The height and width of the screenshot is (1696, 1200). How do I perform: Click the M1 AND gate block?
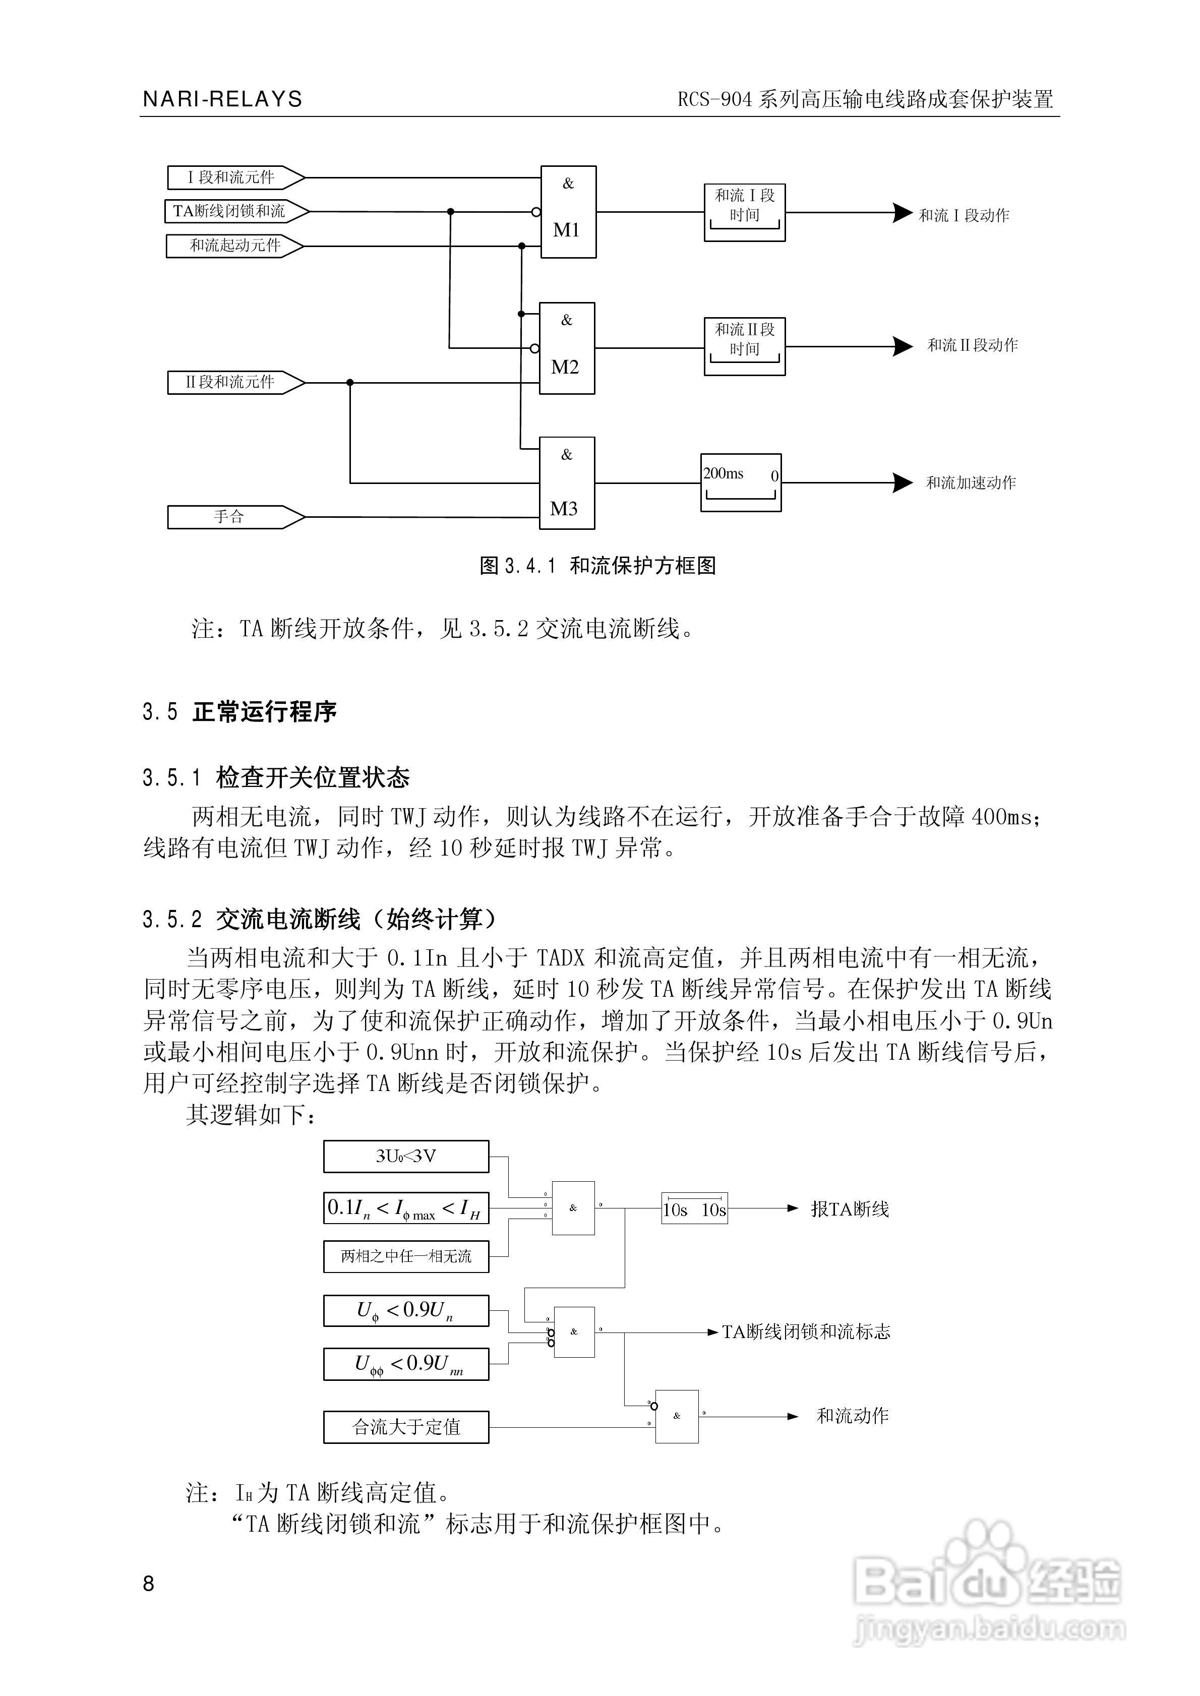click(568, 212)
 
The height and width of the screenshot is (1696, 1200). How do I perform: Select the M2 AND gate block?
click(567, 348)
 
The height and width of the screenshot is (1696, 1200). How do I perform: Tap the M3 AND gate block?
click(567, 483)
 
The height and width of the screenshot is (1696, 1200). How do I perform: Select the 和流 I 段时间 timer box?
click(744, 213)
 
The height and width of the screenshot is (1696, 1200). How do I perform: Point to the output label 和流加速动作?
click(971, 483)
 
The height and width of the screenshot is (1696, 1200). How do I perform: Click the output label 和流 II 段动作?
click(973, 345)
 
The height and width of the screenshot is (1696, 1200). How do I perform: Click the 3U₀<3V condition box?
click(406, 1156)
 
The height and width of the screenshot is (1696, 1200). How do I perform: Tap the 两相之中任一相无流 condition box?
click(406, 1256)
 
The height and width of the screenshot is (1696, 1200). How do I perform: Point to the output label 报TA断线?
click(850, 1209)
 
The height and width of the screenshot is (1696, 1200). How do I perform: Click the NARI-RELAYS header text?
click(222, 99)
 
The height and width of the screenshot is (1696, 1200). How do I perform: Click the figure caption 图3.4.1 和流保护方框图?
click(598, 566)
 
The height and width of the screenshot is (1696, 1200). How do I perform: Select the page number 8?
click(149, 1584)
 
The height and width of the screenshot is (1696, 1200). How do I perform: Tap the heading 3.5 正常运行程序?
click(239, 712)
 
